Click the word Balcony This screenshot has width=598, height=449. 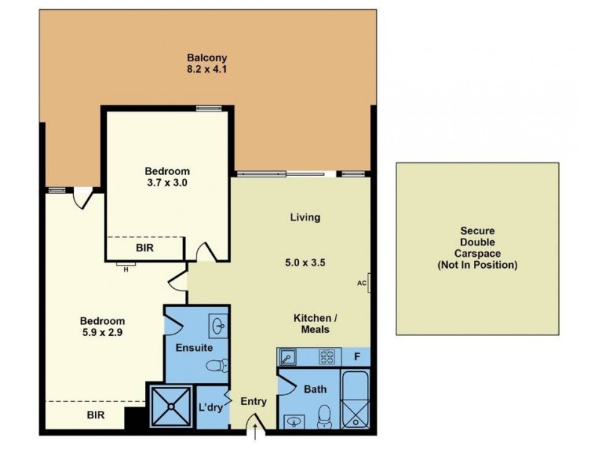click(x=206, y=58)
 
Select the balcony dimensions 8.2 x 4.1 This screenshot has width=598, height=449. click(x=206, y=70)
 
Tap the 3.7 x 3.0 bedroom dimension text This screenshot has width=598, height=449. click(x=167, y=183)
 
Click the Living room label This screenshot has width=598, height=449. click(x=305, y=218)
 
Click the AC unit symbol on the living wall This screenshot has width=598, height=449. click(x=367, y=284)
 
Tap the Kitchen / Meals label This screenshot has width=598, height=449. click(x=312, y=323)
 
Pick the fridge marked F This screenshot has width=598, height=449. click(x=357, y=357)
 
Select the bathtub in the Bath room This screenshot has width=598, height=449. click(x=354, y=400)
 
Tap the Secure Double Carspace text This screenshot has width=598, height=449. click(x=477, y=248)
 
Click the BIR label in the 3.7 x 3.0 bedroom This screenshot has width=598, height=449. click(x=145, y=248)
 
